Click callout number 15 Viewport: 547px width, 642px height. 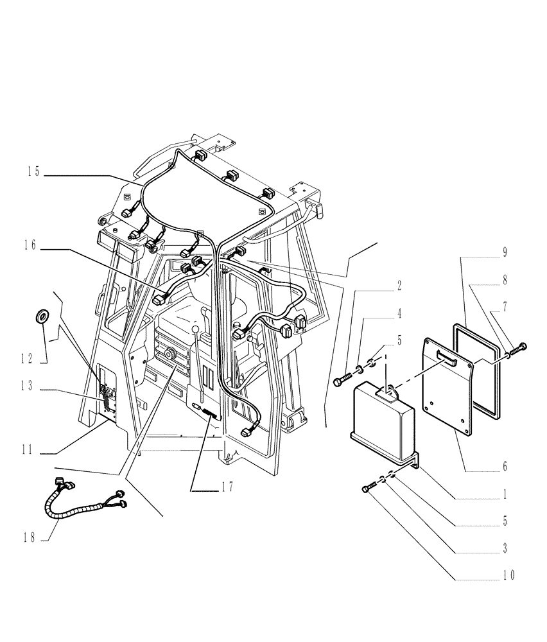tap(33, 172)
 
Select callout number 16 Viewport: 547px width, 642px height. tap(33, 245)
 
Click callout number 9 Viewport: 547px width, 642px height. tap(505, 253)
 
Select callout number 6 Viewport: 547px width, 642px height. tap(505, 467)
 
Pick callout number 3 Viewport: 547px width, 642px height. tap(505, 550)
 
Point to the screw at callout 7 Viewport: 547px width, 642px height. tap(519, 347)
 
